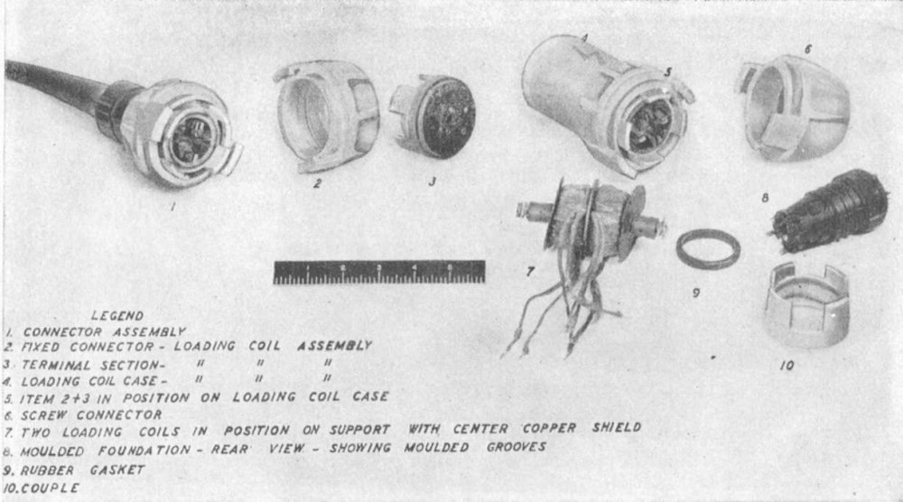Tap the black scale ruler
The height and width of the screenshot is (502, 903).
pyautogui.click(x=379, y=273)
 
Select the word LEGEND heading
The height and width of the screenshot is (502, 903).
pyautogui.click(x=117, y=315)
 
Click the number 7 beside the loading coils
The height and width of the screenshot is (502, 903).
pyautogui.click(x=530, y=271)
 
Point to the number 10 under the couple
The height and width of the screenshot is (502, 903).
pyautogui.click(x=787, y=365)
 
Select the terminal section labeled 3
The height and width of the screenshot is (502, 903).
pyautogui.click(x=433, y=116)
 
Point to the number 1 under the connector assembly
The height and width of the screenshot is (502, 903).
pyautogui.click(x=172, y=206)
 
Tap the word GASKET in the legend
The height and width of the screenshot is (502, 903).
pyautogui.click(x=116, y=469)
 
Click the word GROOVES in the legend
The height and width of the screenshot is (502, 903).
pyautogui.click(x=516, y=447)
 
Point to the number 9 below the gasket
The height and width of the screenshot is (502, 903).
pyautogui.click(x=695, y=293)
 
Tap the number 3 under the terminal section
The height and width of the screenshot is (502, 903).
pyautogui.click(x=432, y=181)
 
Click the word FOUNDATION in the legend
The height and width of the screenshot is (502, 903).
pyautogui.click(x=144, y=451)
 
